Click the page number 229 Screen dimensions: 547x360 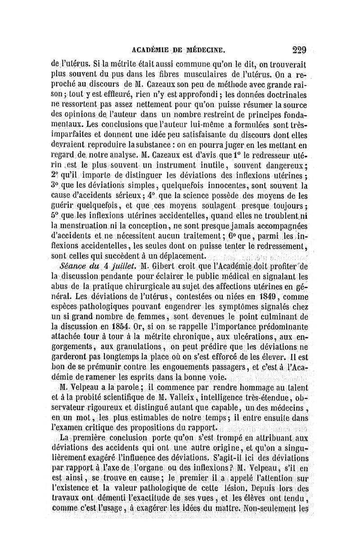[299, 50]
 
